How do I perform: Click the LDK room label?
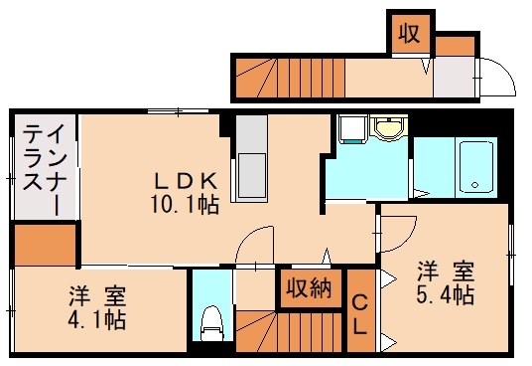185,181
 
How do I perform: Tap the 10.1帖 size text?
185,206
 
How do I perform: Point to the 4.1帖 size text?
97,320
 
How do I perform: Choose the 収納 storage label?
309,289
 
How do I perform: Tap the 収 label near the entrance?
409,33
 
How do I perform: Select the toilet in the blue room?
209,321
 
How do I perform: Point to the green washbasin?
388,128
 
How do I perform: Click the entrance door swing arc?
492,77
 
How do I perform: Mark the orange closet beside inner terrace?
45,246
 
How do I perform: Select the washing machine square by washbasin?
349,130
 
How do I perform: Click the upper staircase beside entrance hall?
288,78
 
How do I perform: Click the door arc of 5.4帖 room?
397,232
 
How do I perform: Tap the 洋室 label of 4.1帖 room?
97,294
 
